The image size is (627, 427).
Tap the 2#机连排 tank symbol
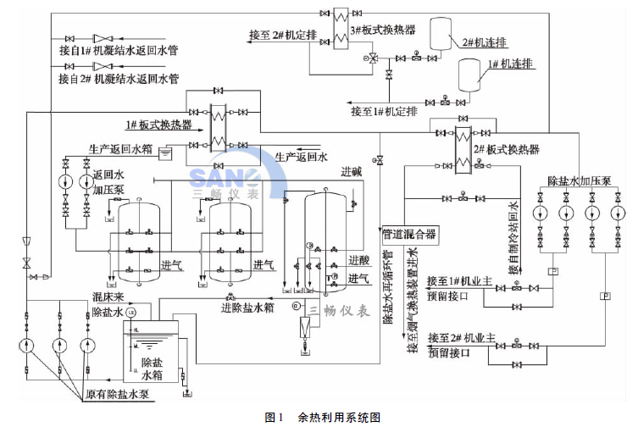coord(440,31)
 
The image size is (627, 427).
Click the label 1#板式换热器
coord(158,125)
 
